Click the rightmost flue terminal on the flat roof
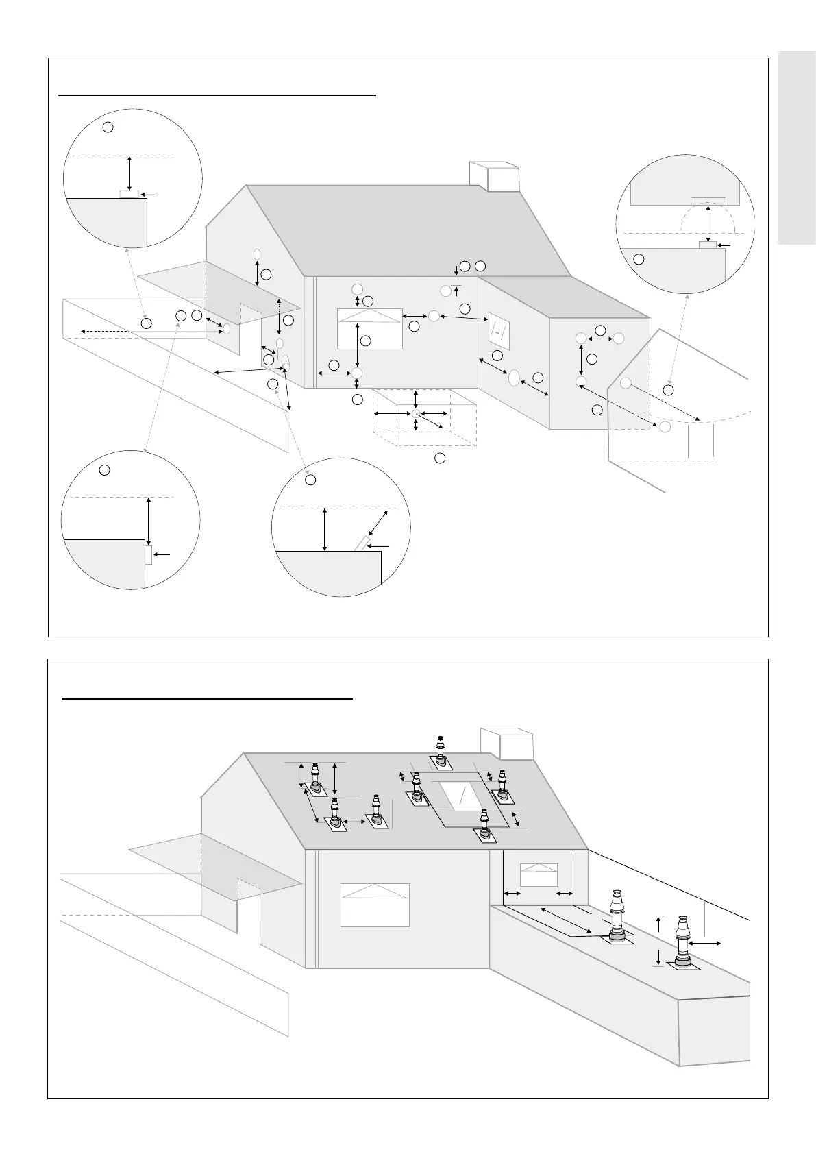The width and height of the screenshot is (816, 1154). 682,942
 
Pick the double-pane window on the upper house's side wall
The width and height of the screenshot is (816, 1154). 498,331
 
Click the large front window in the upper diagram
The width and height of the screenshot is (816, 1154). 369,329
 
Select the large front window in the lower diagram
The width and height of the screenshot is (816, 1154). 375,905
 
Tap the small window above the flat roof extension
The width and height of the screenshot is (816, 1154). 539,874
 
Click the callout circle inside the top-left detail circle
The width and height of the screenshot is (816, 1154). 108,127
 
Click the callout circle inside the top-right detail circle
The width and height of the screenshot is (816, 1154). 639,259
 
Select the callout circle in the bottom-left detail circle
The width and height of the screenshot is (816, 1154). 104,469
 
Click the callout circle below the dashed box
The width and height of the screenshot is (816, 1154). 441,457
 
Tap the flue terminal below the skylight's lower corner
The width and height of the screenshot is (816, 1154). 485,825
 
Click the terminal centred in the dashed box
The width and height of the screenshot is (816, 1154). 416,413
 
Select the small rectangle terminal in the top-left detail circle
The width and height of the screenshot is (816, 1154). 129,194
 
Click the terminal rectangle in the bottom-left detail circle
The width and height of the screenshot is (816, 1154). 148,554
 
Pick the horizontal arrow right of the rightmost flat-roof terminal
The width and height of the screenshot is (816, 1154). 705,944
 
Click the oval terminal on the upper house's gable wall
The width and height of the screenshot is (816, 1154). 257,254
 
